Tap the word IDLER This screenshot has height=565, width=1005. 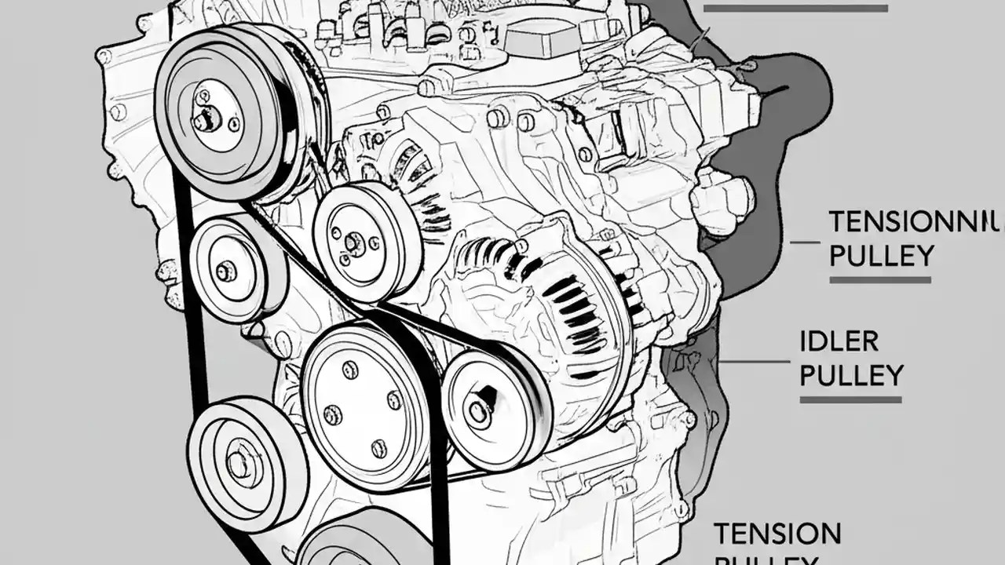(839, 341)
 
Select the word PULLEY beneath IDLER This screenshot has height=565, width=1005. (851, 375)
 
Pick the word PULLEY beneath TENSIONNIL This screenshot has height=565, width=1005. (882, 256)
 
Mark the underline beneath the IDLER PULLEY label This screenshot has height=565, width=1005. (850, 399)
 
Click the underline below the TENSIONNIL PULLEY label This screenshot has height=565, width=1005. (880, 279)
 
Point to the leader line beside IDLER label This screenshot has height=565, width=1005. (754, 361)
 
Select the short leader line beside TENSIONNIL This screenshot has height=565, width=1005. (805, 242)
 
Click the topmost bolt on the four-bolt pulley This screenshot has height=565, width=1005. (350, 369)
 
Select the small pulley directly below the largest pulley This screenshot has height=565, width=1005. (228, 271)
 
